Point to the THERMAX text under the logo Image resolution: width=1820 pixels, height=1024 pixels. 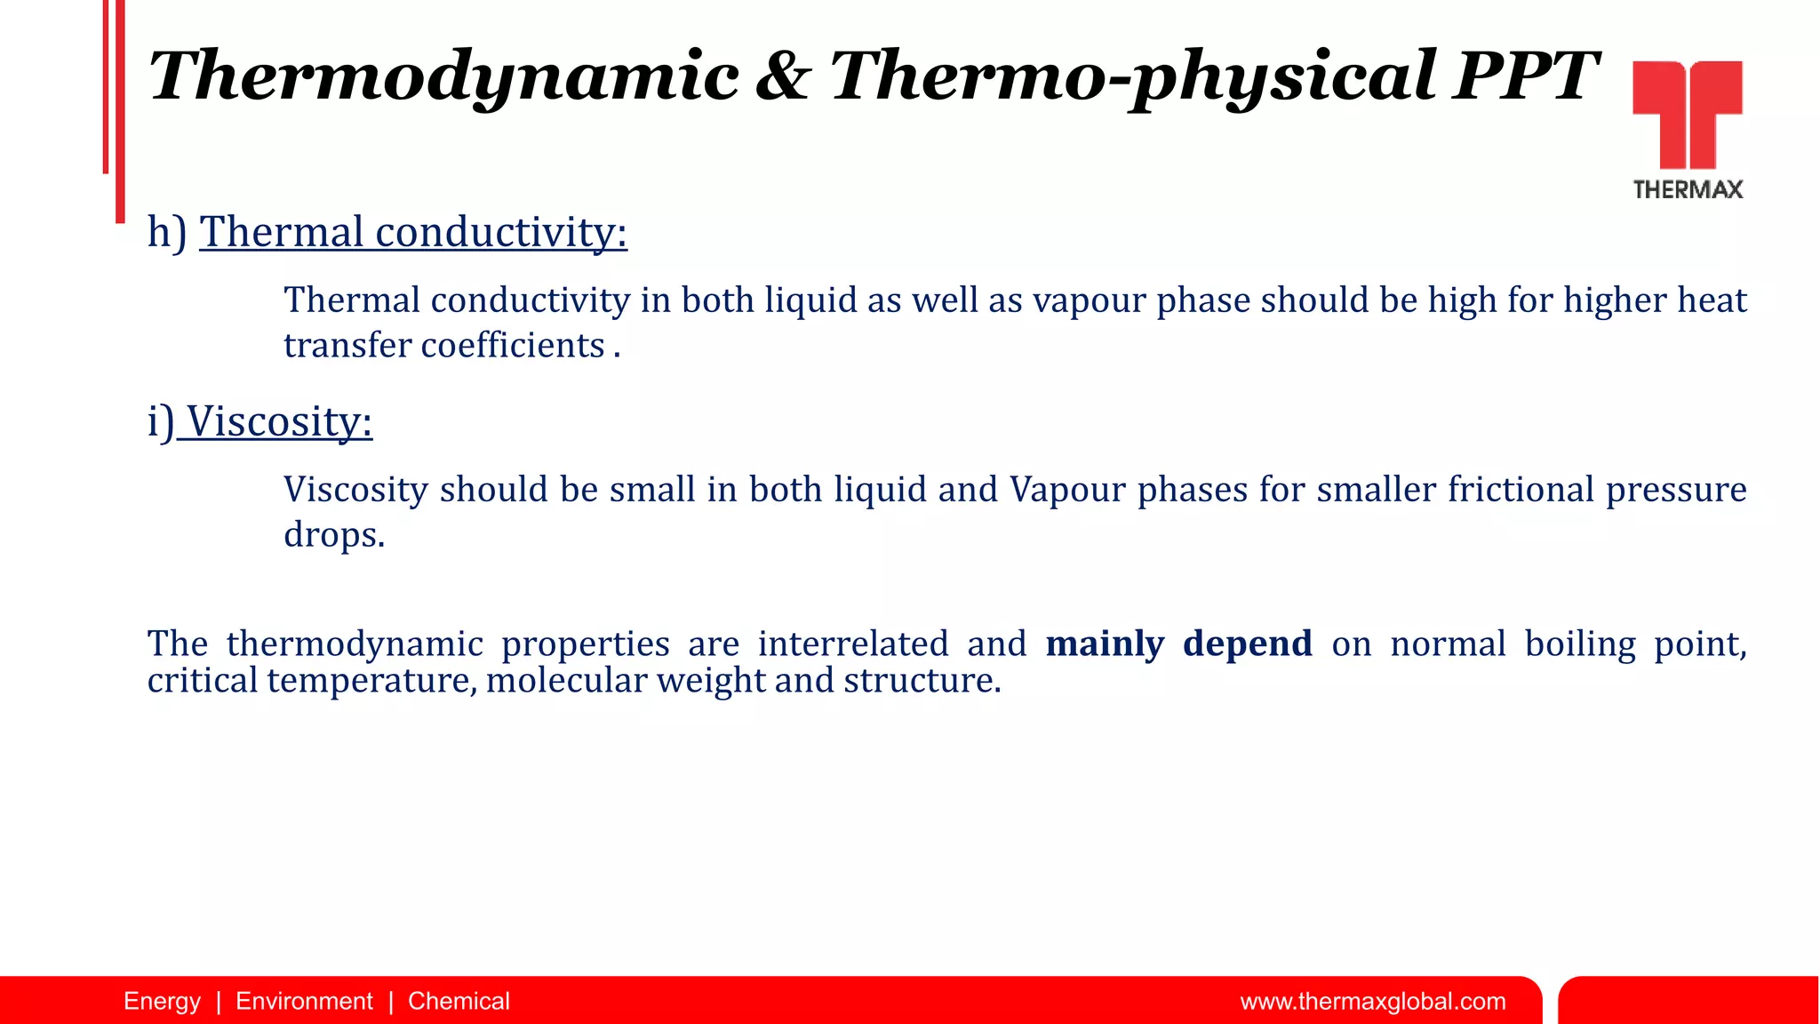click(x=1688, y=189)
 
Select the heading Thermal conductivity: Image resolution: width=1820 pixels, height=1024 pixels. click(x=413, y=232)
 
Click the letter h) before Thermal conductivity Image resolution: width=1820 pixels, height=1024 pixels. click(x=167, y=232)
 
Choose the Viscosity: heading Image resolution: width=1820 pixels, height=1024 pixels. click(x=278, y=421)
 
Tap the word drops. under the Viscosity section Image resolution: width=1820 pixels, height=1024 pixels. click(x=334, y=535)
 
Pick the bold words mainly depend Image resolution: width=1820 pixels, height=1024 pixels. click(x=1178, y=644)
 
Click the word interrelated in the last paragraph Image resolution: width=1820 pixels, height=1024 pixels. click(x=853, y=644)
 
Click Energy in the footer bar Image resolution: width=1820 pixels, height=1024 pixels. click(x=162, y=1002)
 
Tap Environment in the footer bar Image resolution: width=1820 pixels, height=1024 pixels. click(x=304, y=1002)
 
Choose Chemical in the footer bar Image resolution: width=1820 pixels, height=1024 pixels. click(x=459, y=1002)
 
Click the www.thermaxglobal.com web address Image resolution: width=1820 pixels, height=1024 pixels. click(x=1372, y=1002)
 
